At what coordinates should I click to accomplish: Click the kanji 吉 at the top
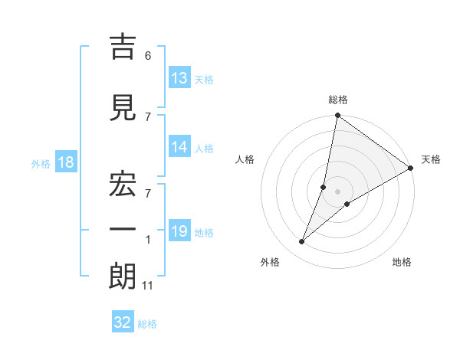(123, 48)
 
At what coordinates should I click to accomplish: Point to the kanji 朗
(123, 277)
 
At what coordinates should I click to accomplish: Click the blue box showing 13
(179, 78)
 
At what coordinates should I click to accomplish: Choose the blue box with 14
(179, 148)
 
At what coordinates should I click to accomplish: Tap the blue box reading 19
(179, 231)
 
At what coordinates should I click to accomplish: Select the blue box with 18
(65, 162)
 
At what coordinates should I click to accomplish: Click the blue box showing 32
(123, 322)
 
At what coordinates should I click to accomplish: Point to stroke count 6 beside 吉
(148, 55)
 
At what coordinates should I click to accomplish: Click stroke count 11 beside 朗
(148, 286)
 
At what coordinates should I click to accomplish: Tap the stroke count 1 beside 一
(148, 240)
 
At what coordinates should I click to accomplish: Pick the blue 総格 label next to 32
(147, 324)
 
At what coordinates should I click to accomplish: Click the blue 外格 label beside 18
(40, 163)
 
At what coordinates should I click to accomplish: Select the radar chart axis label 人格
(245, 159)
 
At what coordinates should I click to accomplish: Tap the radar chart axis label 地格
(402, 262)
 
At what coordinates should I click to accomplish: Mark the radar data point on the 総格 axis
(337, 116)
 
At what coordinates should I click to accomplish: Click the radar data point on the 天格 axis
(411, 169)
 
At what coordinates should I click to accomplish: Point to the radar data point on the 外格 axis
(301, 242)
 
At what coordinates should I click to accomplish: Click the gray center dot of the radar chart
(337, 191)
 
